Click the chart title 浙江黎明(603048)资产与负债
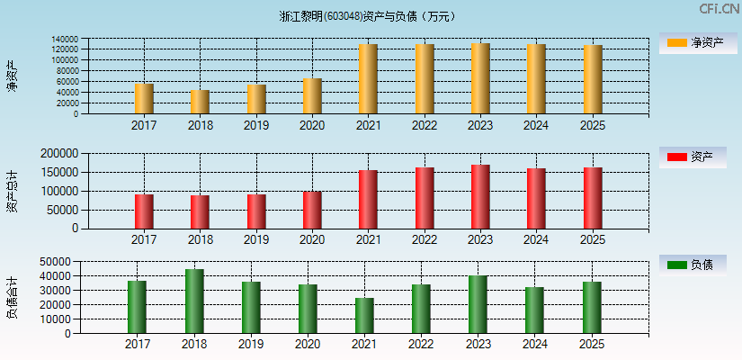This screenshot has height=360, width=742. pyautogui.click(x=368, y=16)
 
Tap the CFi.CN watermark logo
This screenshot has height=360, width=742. pyautogui.click(x=719, y=9)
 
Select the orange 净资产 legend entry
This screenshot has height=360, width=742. pyautogui.click(x=693, y=42)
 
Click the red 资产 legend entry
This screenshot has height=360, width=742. pyautogui.click(x=693, y=157)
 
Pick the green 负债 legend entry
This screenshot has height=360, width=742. pyautogui.click(x=693, y=265)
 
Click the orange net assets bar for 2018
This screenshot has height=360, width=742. pyautogui.click(x=200, y=102)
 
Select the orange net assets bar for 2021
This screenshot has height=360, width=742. pyautogui.click(x=368, y=79)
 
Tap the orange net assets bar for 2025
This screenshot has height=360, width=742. pyautogui.click(x=593, y=79)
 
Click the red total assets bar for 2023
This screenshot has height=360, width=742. pyautogui.click(x=480, y=197)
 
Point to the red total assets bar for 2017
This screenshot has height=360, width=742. pyautogui.click(x=144, y=211)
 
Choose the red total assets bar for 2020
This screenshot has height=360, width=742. pyautogui.click(x=312, y=210)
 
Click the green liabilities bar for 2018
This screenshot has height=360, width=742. pyautogui.click(x=193, y=301)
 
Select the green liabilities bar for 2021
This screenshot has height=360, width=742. pyautogui.click(x=364, y=315)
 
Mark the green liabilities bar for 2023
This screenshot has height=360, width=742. pyautogui.click(x=478, y=304)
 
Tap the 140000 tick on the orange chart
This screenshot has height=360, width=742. pyautogui.click(x=64, y=40)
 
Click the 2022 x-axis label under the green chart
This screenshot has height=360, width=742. pyautogui.click(x=421, y=344)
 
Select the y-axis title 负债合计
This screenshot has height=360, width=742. pyautogui.click(x=12, y=297)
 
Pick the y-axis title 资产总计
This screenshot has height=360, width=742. pyautogui.click(x=12, y=191)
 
